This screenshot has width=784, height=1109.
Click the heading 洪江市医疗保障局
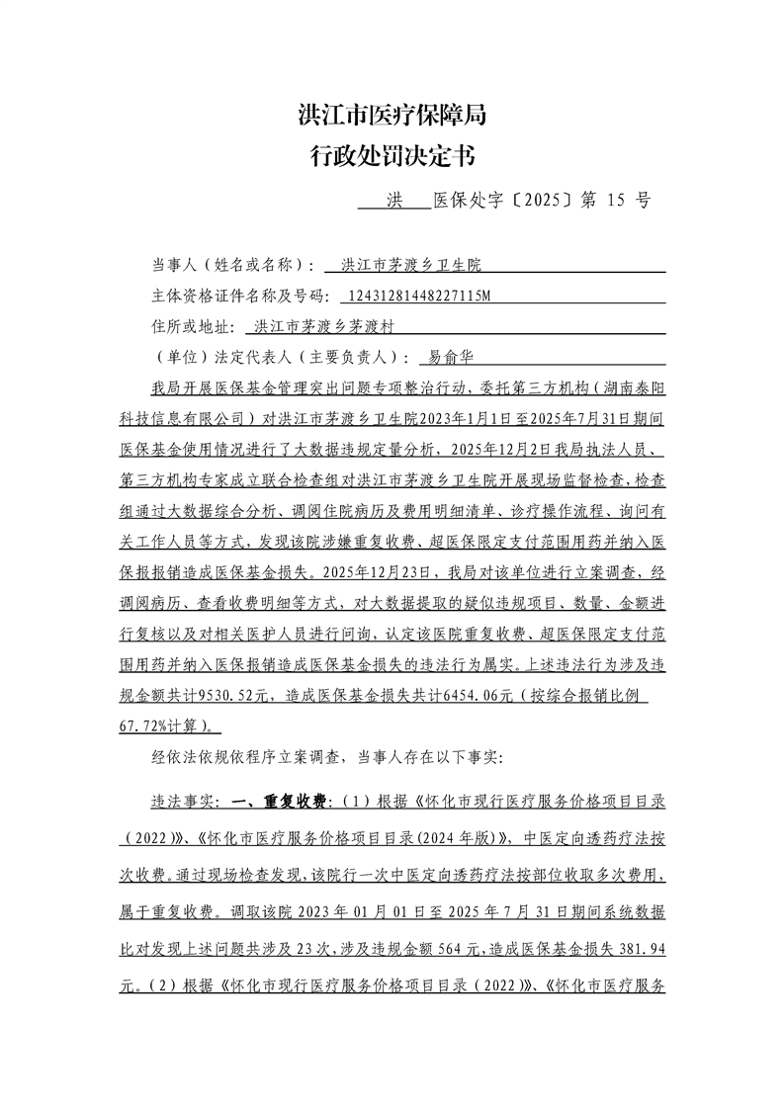[392, 116]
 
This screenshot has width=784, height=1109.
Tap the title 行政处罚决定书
[392, 155]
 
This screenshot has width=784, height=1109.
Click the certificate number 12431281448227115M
[415, 295]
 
